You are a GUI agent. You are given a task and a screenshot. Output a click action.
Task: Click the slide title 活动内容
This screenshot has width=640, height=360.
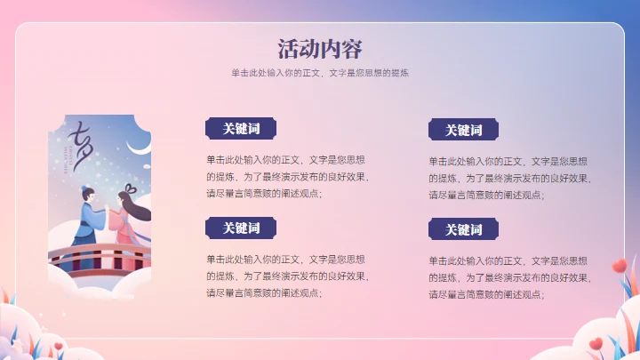(320, 48)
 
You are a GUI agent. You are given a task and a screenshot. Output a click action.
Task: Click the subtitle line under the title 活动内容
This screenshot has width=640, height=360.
(320, 73)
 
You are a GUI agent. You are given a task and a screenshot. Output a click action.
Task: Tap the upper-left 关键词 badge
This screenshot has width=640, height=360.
(241, 129)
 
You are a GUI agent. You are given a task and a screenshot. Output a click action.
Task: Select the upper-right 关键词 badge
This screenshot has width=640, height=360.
(463, 130)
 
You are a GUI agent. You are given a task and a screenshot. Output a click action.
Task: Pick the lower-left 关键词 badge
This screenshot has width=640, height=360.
(241, 228)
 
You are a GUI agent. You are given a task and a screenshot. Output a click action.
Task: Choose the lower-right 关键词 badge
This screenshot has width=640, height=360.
(463, 229)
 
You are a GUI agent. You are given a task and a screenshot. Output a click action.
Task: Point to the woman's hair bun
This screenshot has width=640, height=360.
(130, 188)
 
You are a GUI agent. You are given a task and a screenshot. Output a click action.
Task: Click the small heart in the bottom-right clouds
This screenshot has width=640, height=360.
(593, 342)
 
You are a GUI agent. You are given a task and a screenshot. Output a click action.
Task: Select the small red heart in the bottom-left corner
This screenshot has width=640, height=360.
(59, 345)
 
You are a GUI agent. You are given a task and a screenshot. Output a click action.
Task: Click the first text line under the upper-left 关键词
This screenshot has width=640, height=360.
(285, 161)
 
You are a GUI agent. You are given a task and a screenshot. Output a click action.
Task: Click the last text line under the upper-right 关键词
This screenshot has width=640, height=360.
(486, 195)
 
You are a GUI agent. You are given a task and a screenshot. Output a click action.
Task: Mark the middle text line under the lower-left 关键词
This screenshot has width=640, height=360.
(287, 276)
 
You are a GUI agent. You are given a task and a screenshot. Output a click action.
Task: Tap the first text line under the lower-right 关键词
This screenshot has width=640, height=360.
(508, 260)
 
